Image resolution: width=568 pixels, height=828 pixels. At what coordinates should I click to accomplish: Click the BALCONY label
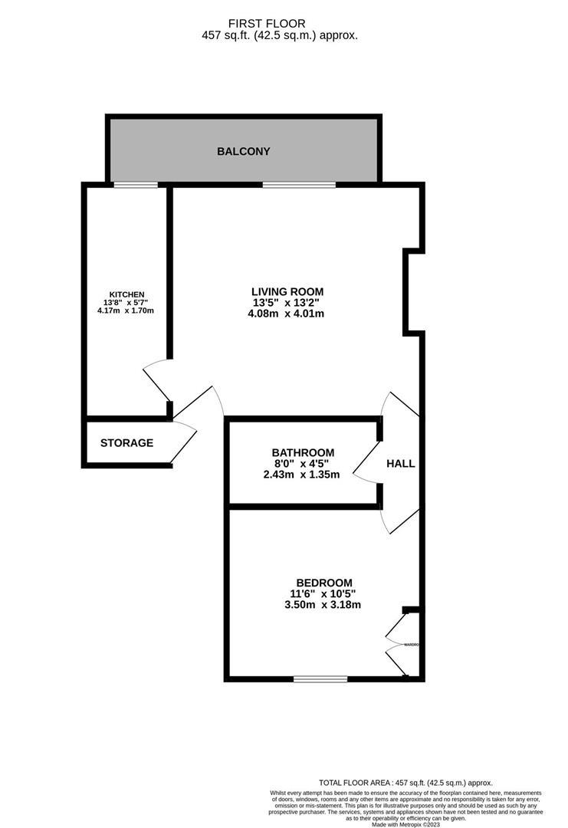(243, 151)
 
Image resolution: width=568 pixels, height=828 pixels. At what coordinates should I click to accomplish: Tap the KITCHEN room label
(126, 294)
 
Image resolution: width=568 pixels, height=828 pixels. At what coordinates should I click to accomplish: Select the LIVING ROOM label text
(287, 291)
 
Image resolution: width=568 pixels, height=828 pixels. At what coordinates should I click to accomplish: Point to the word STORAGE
(126, 443)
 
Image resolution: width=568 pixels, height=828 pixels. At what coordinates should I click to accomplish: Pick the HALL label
(400, 464)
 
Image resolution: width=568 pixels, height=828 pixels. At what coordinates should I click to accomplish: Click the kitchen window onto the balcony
(136, 185)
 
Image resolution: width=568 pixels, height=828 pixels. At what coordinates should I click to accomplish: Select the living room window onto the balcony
(298, 185)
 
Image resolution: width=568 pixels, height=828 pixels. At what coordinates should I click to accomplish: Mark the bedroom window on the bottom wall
(320, 678)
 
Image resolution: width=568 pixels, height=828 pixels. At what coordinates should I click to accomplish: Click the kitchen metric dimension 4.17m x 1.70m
(126, 310)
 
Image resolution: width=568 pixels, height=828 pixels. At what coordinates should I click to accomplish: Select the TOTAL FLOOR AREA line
(405, 782)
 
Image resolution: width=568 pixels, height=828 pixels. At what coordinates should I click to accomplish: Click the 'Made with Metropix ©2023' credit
(405, 823)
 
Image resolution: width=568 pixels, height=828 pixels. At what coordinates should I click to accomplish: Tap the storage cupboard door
(184, 441)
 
